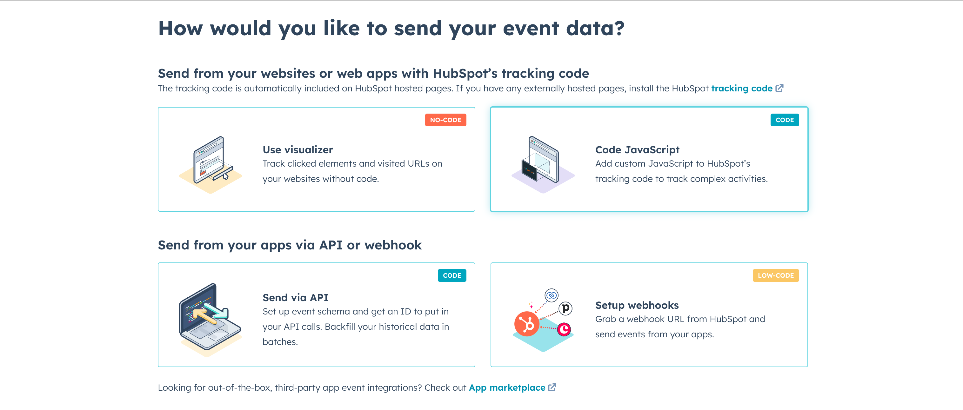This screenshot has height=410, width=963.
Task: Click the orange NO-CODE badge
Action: click(445, 120)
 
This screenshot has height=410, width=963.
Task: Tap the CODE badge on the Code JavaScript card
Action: click(784, 120)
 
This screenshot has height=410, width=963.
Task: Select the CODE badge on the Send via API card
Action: click(451, 275)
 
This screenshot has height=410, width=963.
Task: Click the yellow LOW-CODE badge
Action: click(776, 275)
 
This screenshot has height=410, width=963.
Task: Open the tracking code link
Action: click(742, 88)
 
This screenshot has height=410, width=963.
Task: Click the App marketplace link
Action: click(507, 387)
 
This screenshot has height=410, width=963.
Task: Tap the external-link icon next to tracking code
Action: click(779, 88)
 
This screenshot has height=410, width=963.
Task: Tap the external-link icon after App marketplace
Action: click(552, 387)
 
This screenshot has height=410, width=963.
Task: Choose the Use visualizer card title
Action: click(298, 149)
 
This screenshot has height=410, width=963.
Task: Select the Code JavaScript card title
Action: click(637, 149)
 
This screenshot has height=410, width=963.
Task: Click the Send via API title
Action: click(295, 297)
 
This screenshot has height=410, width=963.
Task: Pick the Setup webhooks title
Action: click(637, 305)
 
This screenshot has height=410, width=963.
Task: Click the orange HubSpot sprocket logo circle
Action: click(527, 324)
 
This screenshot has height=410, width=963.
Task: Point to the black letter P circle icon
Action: click(565, 308)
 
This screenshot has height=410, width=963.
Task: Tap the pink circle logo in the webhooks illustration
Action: click(564, 329)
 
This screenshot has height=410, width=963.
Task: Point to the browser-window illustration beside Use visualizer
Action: click(210, 165)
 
